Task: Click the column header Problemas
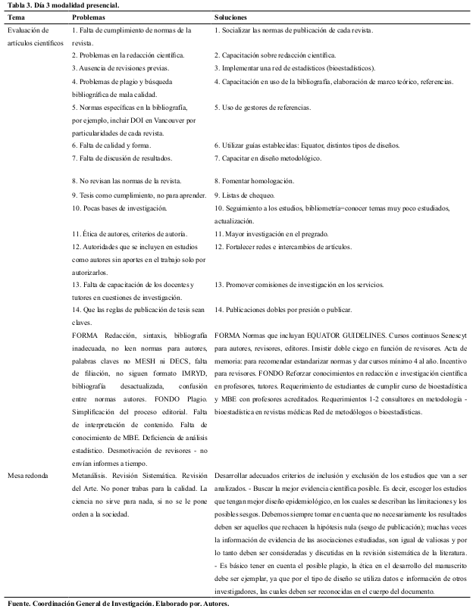(x=89, y=16)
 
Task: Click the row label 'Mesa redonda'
(x=29, y=475)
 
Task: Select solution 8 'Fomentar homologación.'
(x=254, y=181)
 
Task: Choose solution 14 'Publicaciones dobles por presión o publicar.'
(x=288, y=310)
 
